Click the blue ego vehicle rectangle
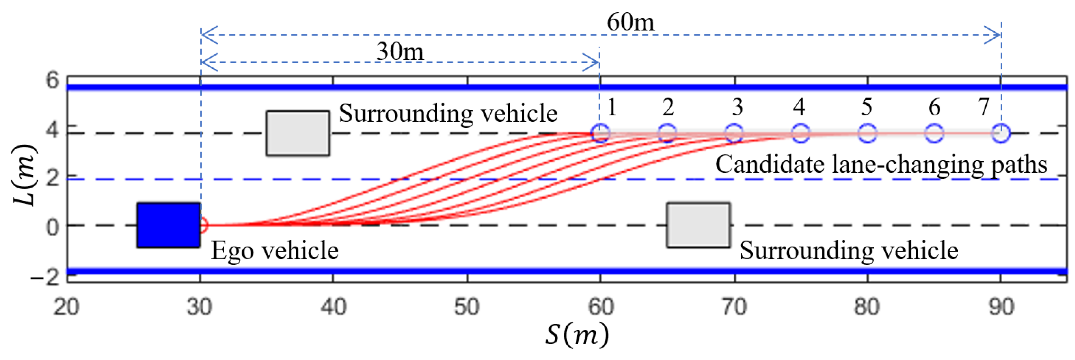[169, 225]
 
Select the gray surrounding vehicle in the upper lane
[298, 133]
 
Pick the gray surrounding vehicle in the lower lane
[699, 225]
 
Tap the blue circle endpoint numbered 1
[601, 133]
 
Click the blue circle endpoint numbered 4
[800, 133]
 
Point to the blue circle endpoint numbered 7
[1001, 133]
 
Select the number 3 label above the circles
[737, 107]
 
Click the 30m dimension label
[400, 52]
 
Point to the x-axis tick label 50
[467, 308]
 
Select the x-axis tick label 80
[867, 308]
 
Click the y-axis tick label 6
[53, 80]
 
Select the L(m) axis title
[23, 175]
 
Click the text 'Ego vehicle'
[275, 251]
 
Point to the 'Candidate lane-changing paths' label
[881, 164]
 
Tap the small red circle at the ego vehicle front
[203, 225]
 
